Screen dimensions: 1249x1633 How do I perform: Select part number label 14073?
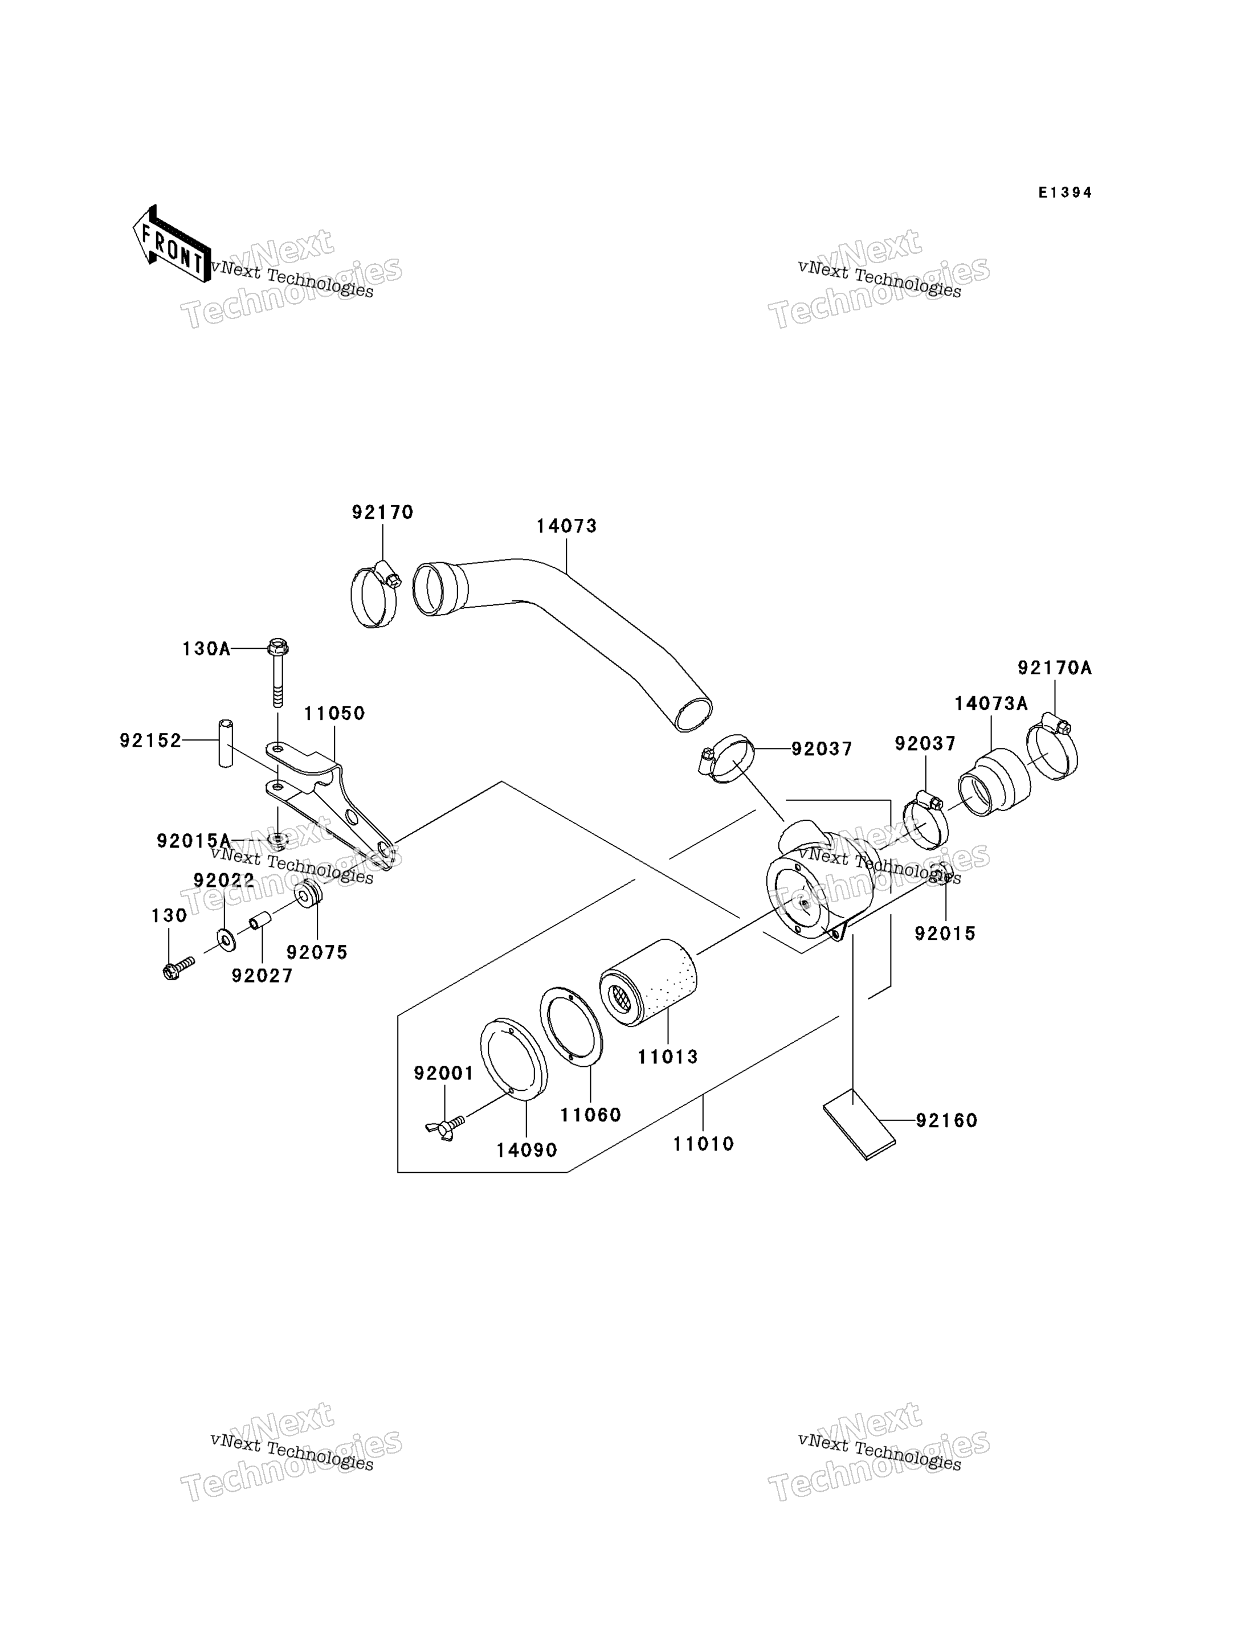(x=566, y=526)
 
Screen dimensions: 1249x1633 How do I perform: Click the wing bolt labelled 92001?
(x=446, y=1127)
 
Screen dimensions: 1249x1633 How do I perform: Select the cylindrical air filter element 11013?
(x=648, y=983)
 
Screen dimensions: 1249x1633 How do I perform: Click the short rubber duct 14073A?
(x=994, y=782)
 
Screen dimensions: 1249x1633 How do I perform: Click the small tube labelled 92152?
(x=225, y=743)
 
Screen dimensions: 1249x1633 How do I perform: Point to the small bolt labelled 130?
(x=178, y=968)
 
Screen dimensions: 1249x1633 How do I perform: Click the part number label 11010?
(x=703, y=1144)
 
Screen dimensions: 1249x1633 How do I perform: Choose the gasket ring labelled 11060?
(x=571, y=1027)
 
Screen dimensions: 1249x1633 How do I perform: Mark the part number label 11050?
(x=334, y=714)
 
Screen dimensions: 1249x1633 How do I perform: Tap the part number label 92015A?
(x=194, y=841)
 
